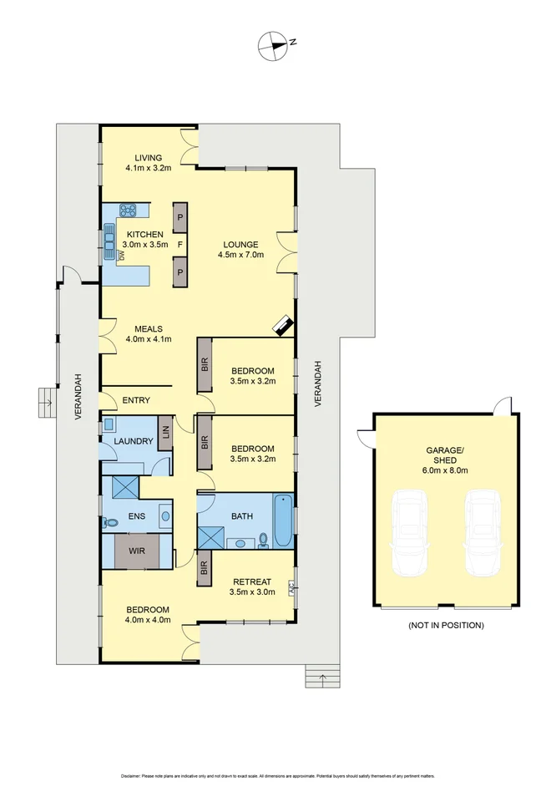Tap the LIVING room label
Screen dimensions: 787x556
149,158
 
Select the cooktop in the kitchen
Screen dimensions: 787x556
128,211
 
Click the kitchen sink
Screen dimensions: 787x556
109,240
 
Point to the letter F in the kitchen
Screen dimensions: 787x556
179,245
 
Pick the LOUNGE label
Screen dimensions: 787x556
240,244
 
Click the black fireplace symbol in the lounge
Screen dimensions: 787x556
283,325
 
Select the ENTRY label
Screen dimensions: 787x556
136,400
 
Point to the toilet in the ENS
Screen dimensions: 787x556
110,522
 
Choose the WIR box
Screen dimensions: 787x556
137,551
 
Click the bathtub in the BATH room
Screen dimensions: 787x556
283,518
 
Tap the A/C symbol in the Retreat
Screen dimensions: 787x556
291,590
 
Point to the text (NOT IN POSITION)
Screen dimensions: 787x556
446,625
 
